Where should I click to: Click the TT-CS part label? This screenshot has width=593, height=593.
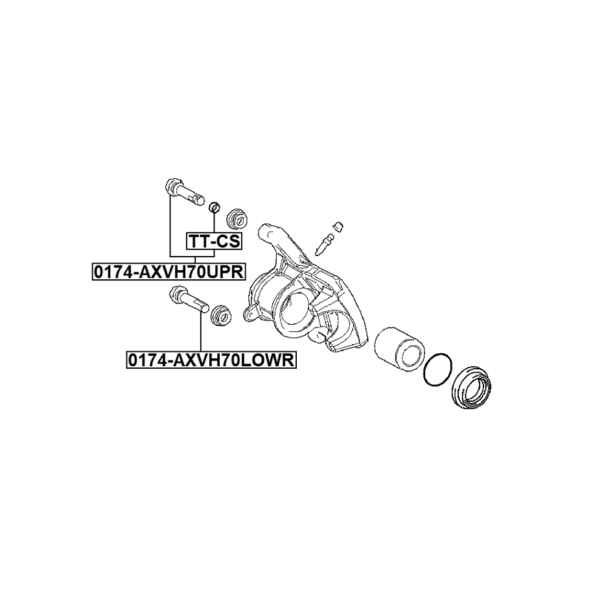pos(214,242)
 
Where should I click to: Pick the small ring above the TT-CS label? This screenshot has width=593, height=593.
pos(213,207)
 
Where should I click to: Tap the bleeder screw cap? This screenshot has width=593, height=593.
pos(337,226)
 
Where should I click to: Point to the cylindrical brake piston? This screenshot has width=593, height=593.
pos(399,348)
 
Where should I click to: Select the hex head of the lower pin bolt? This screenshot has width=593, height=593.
pos(175,295)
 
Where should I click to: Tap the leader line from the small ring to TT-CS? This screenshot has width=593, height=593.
pos(213,223)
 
